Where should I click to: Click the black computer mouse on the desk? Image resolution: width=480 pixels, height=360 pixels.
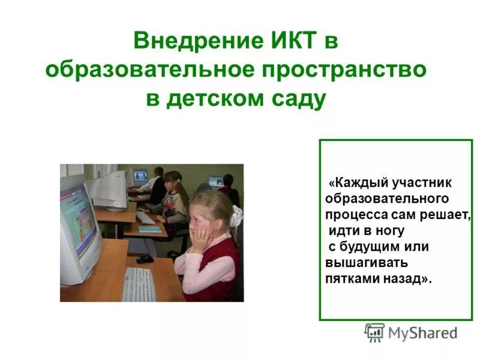[144, 259]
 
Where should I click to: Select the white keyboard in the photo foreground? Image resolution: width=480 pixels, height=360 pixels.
[139, 284]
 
